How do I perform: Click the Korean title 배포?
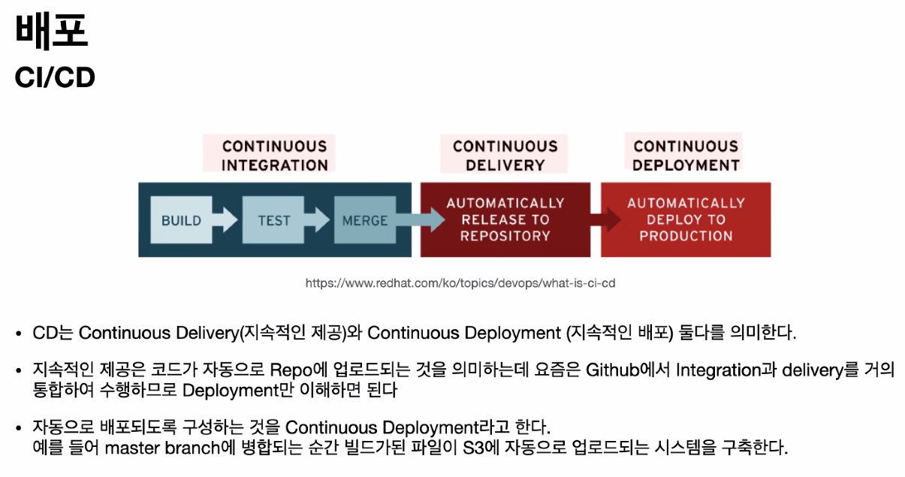pos(52,32)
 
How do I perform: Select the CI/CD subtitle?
pos(55,77)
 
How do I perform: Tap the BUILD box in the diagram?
pos(181,221)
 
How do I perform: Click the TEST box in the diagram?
pos(273,221)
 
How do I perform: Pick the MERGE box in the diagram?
pos(365,221)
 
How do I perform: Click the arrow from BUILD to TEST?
pos(225,220)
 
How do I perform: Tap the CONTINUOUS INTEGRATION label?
pos(274,155)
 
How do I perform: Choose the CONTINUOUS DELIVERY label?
pos(505,155)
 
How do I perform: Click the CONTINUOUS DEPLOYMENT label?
pos(686,155)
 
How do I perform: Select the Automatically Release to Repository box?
pos(505,219)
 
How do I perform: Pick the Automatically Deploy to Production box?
pos(686,219)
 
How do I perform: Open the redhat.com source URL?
pos(460,283)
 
